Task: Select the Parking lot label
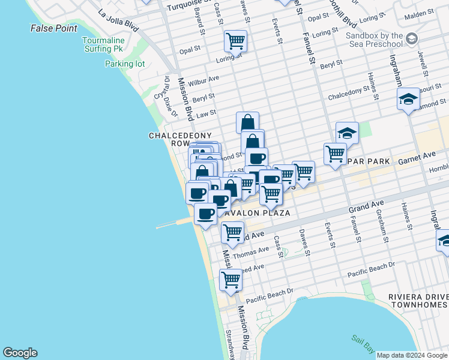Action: [125, 64]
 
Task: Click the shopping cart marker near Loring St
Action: [235, 41]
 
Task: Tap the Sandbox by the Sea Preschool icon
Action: [412, 39]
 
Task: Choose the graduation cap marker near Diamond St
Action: [408, 99]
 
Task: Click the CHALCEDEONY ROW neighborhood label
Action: [170, 140]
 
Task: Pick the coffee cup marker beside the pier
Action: [206, 214]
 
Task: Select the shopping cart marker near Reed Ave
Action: [231, 280]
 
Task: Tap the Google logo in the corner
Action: [20, 353]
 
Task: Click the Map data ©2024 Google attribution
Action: [411, 355]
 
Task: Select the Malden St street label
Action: [420, 13]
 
